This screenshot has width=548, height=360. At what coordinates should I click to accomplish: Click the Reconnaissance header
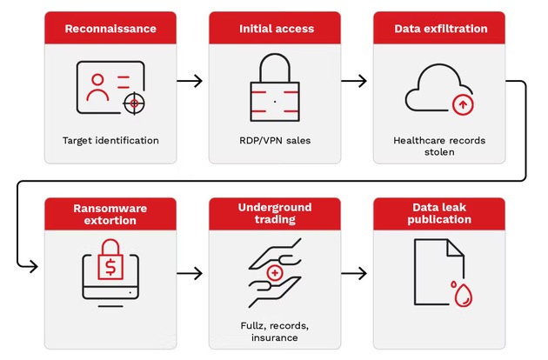[x=110, y=29]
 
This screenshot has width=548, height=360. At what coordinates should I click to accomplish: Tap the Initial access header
[x=277, y=29]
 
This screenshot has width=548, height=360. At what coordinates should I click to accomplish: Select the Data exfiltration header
[x=441, y=29]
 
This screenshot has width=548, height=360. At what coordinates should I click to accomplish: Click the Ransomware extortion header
[x=110, y=214]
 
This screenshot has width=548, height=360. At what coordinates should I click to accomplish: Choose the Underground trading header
[x=275, y=213]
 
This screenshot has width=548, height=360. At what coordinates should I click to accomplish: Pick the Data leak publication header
[x=439, y=213]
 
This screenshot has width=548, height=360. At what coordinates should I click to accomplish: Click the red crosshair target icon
[x=134, y=103]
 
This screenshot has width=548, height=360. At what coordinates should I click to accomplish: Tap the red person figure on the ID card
[x=97, y=87]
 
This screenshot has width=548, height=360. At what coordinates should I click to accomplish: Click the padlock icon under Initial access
[x=275, y=87]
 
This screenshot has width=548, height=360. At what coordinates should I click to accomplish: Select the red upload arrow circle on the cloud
[x=463, y=104]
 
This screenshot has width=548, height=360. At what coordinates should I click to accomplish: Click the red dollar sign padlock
[x=110, y=259]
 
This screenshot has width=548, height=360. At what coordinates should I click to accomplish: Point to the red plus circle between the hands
[x=275, y=273]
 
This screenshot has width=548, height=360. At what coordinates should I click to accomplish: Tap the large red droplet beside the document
[x=463, y=296]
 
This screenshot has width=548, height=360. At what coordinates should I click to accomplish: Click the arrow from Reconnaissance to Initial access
[x=190, y=81]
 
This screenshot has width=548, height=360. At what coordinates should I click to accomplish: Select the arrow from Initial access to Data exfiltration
[x=354, y=81]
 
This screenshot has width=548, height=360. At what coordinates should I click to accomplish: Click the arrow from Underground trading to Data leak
[x=354, y=273]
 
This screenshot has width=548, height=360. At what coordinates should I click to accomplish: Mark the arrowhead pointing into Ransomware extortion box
[x=34, y=267]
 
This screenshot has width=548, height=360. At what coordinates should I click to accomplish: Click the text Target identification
[x=110, y=141]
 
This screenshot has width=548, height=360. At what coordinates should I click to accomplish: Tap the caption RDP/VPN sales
[x=275, y=141]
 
